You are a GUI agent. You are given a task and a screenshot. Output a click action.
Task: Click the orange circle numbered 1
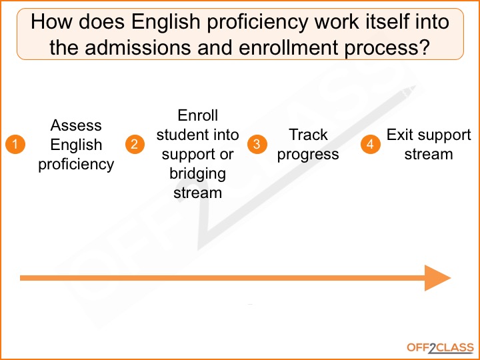click(x=15, y=145)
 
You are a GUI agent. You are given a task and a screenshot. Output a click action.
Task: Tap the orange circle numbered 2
click(x=135, y=145)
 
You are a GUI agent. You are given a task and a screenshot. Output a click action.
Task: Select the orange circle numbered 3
click(x=257, y=145)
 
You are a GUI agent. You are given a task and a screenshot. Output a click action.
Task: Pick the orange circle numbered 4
click(x=371, y=145)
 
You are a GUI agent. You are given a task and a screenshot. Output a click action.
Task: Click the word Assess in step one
click(x=76, y=125)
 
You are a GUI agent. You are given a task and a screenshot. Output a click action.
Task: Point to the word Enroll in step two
click(x=197, y=115)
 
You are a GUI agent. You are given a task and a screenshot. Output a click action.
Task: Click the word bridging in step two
click(x=197, y=174)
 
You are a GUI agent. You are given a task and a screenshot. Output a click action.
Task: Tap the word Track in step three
click(x=308, y=135)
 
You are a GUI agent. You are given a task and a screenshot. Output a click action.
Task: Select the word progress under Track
click(x=308, y=155)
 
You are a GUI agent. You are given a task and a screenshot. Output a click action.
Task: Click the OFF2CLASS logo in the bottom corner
click(x=440, y=347)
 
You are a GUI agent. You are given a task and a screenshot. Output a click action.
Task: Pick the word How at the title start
click(x=49, y=22)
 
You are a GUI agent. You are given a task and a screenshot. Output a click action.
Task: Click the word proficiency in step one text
click(x=76, y=164)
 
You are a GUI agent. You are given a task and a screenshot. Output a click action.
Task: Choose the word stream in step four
click(x=429, y=155)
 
